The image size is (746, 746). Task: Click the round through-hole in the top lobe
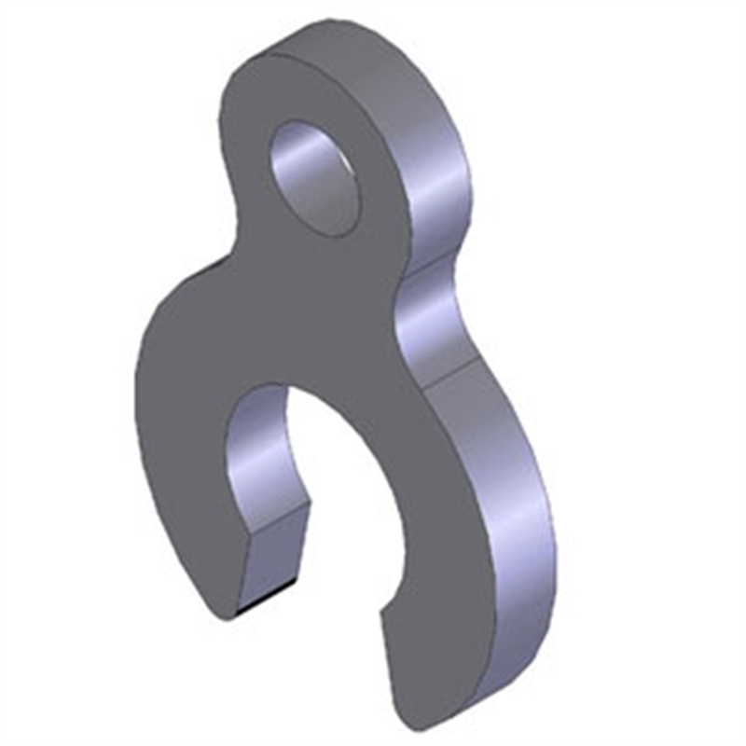coord(314,177)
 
